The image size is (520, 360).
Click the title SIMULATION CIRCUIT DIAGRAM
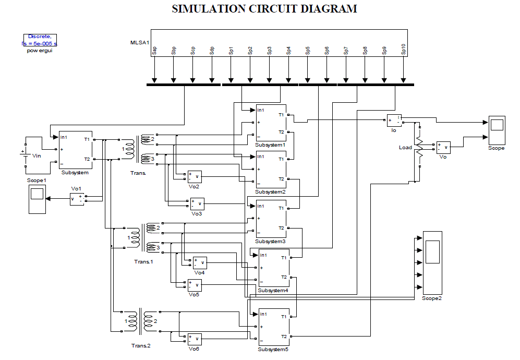click(x=264, y=9)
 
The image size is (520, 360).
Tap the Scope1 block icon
click(x=37, y=199)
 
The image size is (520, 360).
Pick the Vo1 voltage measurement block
click(x=77, y=199)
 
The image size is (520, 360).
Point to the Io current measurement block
click(x=394, y=121)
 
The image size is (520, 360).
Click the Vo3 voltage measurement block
click(x=197, y=203)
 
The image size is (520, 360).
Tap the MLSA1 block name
click(x=140, y=42)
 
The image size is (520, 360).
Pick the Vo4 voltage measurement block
click(x=200, y=262)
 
